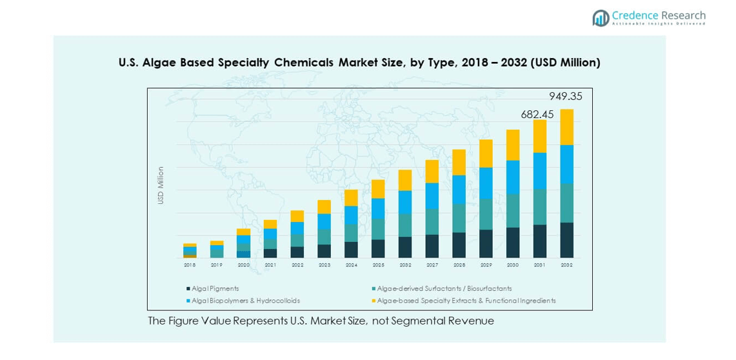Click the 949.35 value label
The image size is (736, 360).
pos(566,96)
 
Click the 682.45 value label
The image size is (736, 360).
pos(537,114)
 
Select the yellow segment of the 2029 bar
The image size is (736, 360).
pos(486,154)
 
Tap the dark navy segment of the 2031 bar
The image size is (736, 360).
pos(540,241)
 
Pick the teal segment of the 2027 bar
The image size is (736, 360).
pos(432,221)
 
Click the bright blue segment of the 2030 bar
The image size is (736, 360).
pos(513,177)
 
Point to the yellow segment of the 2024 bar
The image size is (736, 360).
pos(351,197)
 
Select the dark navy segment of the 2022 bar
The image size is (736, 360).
pos(297,252)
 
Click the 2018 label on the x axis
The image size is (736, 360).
pos(190,265)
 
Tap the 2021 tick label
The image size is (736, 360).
pos(270,265)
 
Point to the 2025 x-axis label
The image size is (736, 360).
pos(378,265)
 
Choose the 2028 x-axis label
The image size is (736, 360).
pos(459,265)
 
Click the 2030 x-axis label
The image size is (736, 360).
pos(513,265)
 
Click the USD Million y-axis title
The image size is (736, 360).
pos(161,186)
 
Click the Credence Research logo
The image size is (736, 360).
pos(649,17)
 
